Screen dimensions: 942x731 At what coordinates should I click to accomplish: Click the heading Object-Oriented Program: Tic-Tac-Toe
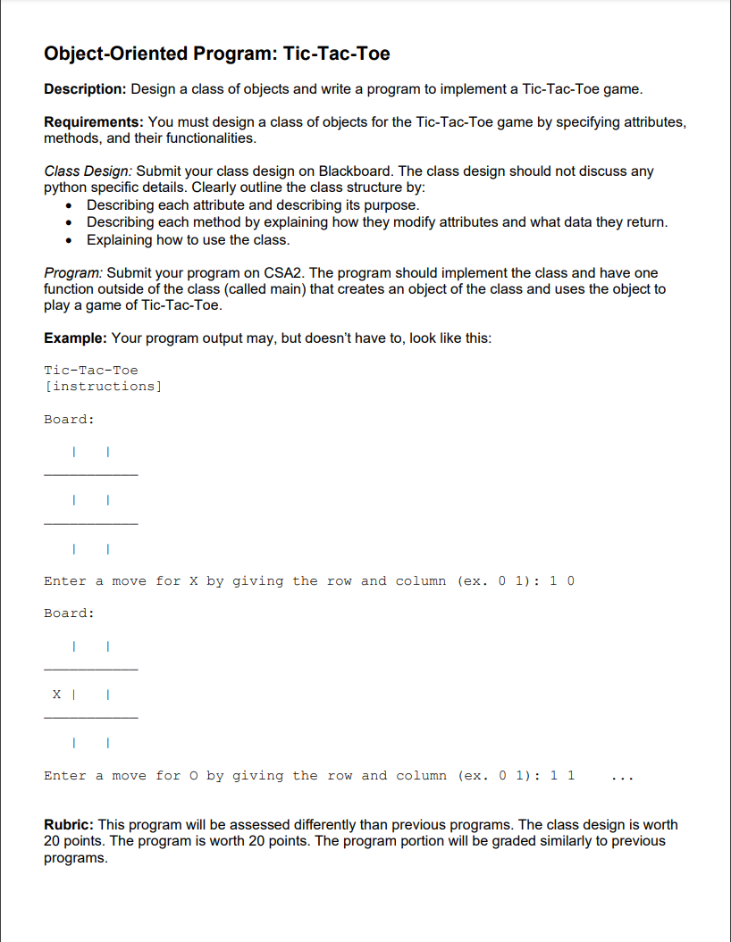tap(217, 54)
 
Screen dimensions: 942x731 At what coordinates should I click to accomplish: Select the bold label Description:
tap(86, 89)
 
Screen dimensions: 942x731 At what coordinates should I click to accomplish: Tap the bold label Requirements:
tap(94, 121)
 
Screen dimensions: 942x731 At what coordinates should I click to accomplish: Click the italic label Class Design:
tap(88, 171)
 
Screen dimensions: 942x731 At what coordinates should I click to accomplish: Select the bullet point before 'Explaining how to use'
tap(70, 240)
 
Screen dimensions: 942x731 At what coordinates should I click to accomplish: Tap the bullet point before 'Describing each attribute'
tap(70, 205)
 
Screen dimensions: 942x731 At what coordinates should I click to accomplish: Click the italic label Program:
tap(73, 272)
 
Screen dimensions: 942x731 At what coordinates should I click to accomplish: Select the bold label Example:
tap(76, 338)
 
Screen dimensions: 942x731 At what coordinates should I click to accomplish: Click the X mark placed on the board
tap(57, 694)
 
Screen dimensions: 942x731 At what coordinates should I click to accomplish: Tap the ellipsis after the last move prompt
tap(621, 777)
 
